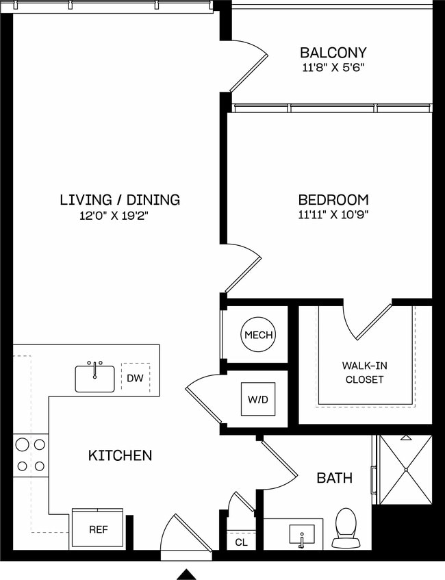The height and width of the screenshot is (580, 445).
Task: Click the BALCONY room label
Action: point(333,53)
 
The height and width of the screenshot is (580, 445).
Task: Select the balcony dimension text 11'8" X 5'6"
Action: point(333,68)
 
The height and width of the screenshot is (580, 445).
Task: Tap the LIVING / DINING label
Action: point(120,200)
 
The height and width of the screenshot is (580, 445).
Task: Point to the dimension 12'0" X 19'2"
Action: point(114,216)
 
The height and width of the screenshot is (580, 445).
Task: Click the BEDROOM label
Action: point(333,200)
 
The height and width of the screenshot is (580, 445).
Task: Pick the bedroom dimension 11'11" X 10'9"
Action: point(333,216)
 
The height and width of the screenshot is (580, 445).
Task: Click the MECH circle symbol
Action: point(258,335)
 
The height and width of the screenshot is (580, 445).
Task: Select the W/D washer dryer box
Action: point(258,399)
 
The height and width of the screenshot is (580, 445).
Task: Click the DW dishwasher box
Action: point(135,377)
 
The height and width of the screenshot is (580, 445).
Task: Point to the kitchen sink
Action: point(95,378)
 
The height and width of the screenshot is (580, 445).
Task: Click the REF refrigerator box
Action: point(97,529)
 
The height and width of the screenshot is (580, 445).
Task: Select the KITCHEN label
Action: point(120,455)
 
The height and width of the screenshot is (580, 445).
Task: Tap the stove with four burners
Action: point(31,455)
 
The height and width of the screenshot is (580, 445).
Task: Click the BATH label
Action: point(334,477)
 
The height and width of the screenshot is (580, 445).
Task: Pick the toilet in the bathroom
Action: point(344,527)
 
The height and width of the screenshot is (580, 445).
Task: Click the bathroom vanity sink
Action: point(301,534)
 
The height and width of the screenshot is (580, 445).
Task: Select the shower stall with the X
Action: point(405,470)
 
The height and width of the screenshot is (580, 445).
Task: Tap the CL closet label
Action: point(240,542)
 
